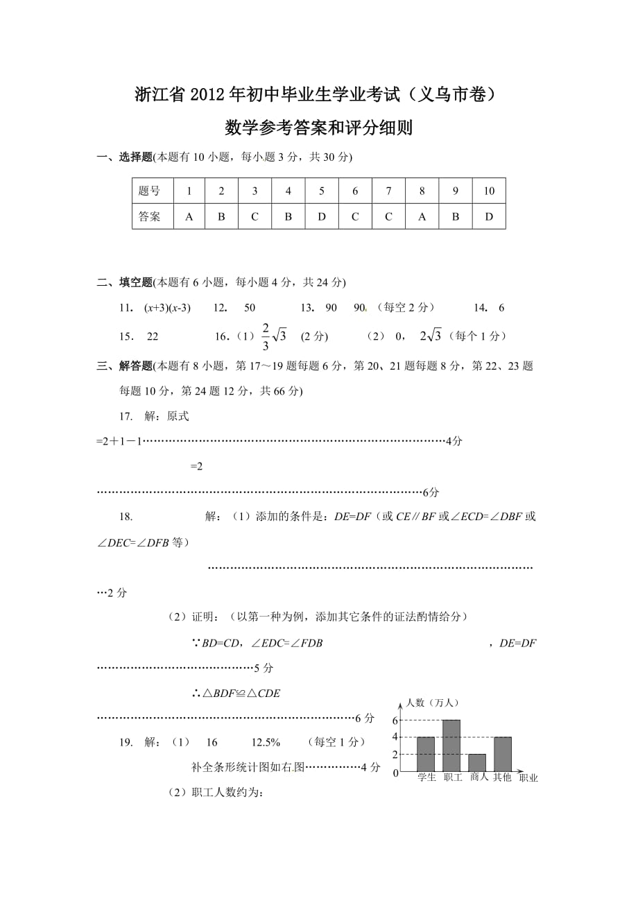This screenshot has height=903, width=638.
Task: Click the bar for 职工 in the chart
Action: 451,746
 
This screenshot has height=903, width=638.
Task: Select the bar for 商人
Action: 477,762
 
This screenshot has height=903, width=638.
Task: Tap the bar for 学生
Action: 426,754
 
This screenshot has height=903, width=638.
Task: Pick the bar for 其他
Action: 502,754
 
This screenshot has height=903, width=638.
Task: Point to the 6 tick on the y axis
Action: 395,720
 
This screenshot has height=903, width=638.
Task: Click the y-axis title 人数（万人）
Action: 432,703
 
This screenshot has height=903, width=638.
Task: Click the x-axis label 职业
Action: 528,778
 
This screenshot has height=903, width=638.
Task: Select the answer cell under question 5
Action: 322,216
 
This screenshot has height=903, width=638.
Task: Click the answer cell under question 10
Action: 489,216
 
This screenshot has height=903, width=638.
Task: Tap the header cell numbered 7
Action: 388,191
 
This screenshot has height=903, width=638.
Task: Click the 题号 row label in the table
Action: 149,191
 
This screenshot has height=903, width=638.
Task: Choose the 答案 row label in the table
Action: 149,216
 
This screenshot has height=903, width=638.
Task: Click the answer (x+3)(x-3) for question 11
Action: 167,308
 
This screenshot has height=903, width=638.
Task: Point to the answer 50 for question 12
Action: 250,308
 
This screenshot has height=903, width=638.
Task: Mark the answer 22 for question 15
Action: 153,336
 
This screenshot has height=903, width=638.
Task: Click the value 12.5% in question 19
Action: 266,742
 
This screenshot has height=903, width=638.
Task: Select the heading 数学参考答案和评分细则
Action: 319,128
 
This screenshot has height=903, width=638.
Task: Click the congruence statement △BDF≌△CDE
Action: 236,693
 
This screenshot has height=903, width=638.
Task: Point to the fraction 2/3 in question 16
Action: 265,336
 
